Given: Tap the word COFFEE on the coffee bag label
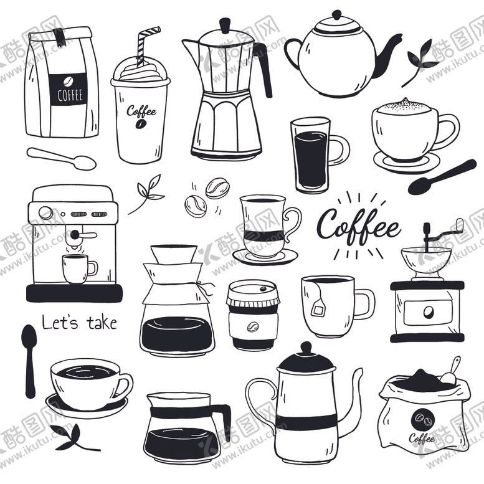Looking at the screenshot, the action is pyautogui.click(x=70, y=95).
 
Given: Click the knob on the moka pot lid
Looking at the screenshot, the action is pyautogui.click(x=225, y=25).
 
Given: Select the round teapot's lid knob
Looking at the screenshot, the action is pyautogui.click(x=336, y=14).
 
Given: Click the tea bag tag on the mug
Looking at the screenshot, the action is pyautogui.click(x=318, y=310).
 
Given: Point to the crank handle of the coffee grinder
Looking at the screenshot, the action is pyautogui.click(x=443, y=230).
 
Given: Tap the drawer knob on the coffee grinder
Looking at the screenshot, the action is pyautogui.click(x=428, y=312).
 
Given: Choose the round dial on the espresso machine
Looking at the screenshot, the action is pyautogui.click(x=45, y=213).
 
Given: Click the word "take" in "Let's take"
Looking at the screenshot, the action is pyautogui.click(x=102, y=323).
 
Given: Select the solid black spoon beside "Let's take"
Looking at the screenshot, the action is pyautogui.click(x=29, y=361).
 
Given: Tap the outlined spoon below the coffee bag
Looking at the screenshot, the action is pyautogui.click(x=62, y=158).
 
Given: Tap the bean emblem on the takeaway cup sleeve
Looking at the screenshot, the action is pyautogui.click(x=253, y=326).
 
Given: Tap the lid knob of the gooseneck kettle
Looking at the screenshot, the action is pyautogui.click(x=306, y=348).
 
